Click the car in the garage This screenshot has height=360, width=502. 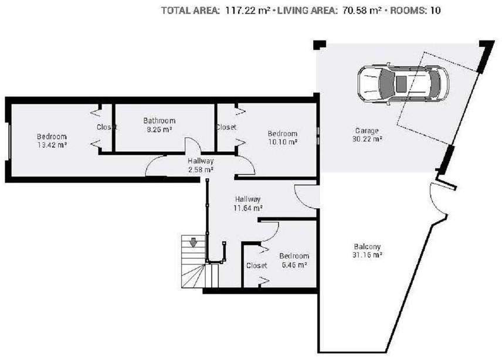point(403,83)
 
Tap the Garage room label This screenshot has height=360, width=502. point(367,131)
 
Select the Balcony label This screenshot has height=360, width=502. point(367,246)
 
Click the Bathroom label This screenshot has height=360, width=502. point(159,121)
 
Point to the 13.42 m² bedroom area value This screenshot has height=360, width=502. point(52,145)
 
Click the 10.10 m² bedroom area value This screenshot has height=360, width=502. point(283,142)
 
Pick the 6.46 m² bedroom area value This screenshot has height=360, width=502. point(294,265)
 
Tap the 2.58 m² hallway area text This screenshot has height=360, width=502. point(201,169)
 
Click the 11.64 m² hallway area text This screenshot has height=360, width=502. point(248,208)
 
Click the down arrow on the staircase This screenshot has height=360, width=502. point(193,242)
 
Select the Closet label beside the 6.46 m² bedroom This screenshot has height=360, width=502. point(257,265)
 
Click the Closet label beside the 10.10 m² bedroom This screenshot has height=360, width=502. point(226,127)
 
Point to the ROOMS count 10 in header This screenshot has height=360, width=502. point(435,11)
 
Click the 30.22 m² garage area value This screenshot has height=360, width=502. point(367,139)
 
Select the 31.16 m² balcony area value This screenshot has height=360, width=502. point(367,255)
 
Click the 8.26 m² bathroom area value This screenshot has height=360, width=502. point(160,129)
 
